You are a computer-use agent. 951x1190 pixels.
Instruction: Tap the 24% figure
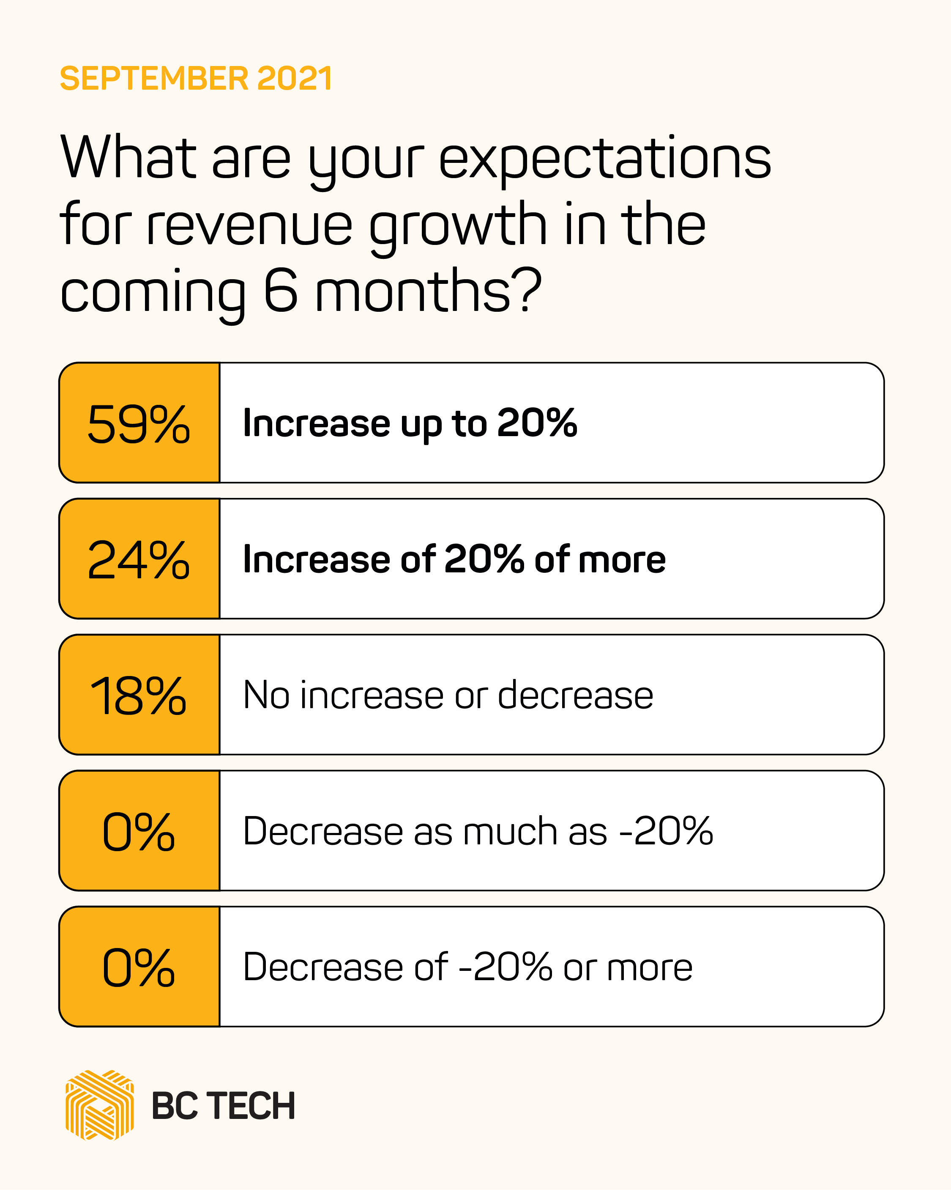(x=139, y=559)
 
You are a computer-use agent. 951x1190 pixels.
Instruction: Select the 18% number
(x=139, y=695)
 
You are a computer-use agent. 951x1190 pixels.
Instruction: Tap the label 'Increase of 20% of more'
(x=454, y=559)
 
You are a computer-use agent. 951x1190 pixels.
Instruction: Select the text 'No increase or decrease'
(x=448, y=695)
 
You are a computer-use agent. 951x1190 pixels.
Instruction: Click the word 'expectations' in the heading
(x=604, y=160)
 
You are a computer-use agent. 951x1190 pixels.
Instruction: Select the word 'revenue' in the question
(x=249, y=225)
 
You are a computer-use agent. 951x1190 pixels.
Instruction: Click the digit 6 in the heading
(x=281, y=291)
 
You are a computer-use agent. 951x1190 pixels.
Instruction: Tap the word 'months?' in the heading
(x=428, y=291)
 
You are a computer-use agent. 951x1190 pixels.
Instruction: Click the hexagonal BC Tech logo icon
(x=99, y=1105)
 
